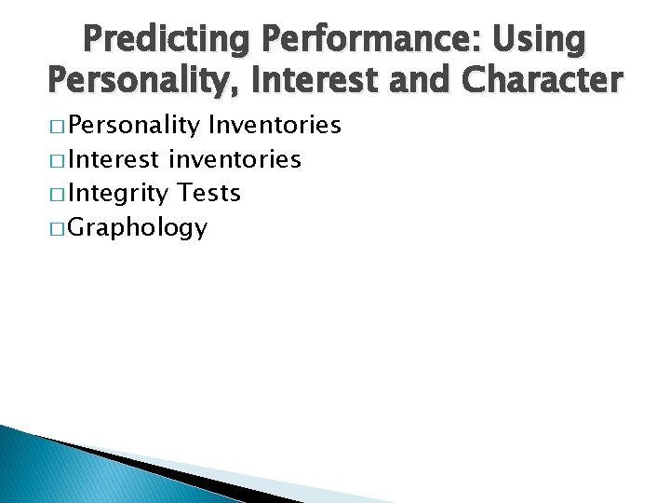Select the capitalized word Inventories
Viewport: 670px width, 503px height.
click(275, 126)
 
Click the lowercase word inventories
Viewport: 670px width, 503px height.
click(235, 159)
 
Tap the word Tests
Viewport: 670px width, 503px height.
click(209, 193)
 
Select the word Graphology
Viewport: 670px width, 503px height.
click(138, 228)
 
